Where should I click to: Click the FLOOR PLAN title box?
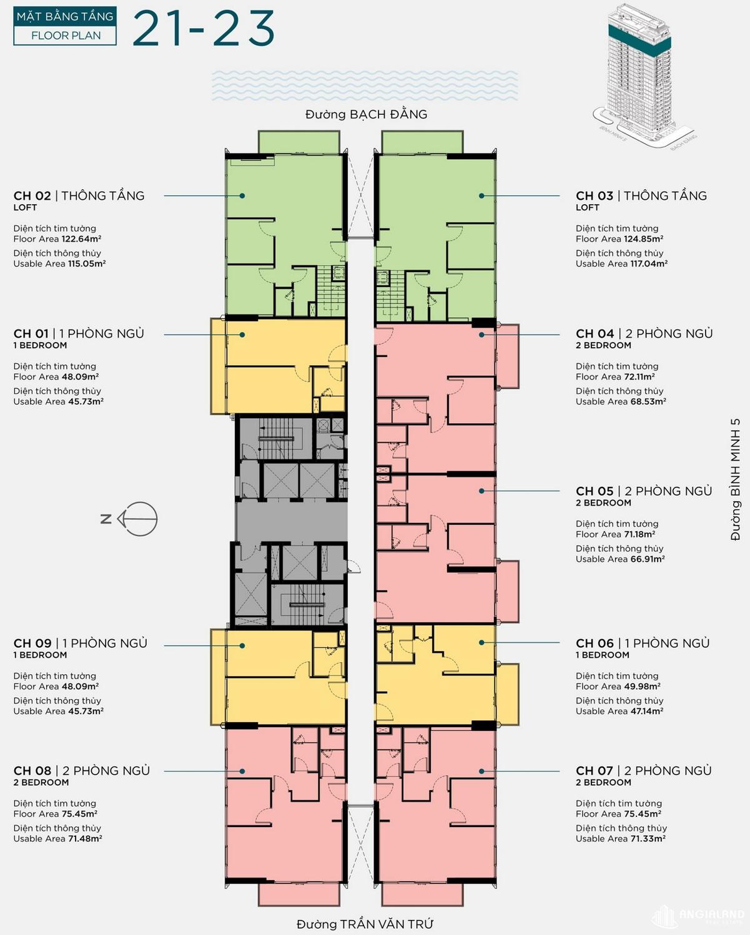[x=65, y=26]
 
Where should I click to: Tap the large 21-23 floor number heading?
[x=204, y=28]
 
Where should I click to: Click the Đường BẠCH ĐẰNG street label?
[x=366, y=115]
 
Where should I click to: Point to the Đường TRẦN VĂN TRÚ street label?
[x=365, y=924]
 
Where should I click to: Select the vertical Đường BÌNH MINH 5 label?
[x=735, y=479]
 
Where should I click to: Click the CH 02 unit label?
[x=32, y=196]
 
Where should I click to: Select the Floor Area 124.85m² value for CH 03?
[x=619, y=239]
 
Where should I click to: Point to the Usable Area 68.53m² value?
[x=621, y=401]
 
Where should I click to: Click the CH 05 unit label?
[x=595, y=491]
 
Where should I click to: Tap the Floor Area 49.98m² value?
[x=618, y=687]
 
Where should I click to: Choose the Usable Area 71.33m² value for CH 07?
[x=621, y=838]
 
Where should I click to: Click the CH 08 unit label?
[x=32, y=771]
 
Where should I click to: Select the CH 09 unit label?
[x=32, y=644]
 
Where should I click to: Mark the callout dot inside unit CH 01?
[x=242, y=335]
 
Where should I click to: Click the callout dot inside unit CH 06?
[x=481, y=642]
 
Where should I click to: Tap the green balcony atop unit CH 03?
[x=423, y=142]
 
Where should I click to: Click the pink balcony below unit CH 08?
[x=299, y=894]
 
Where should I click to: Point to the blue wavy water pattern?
[x=365, y=86]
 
